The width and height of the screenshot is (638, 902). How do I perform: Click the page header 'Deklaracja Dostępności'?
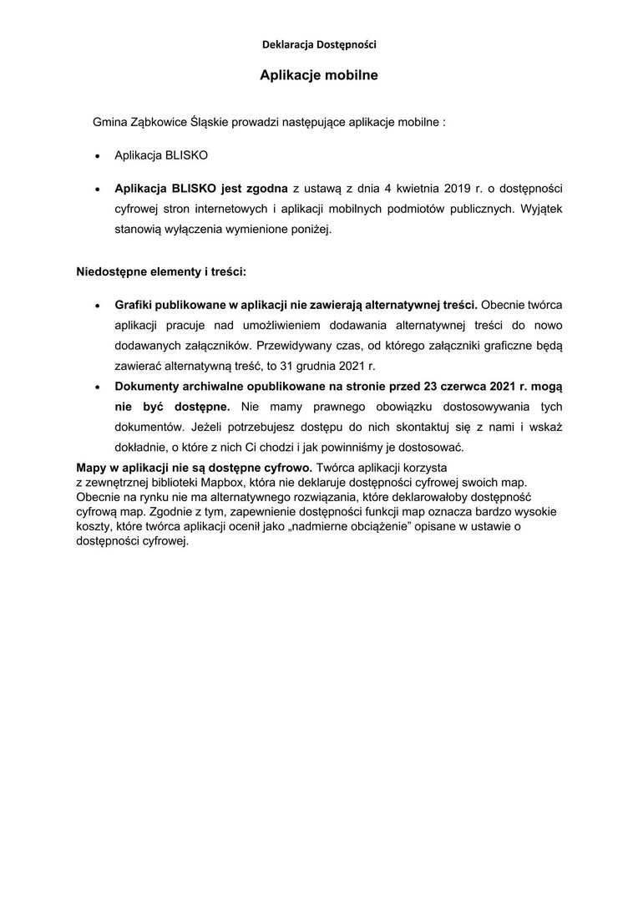pyautogui.click(x=318, y=43)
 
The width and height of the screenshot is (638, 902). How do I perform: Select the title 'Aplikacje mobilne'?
pyautogui.click(x=318, y=75)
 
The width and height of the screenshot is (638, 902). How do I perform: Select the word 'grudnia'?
pyautogui.click(x=318, y=366)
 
